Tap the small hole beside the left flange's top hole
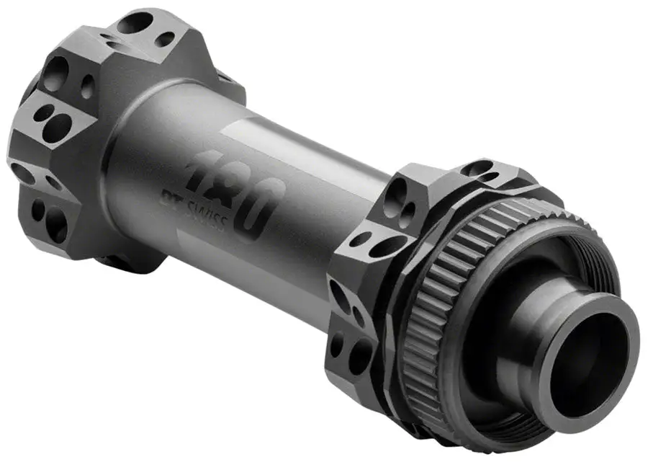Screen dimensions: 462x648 [x=165, y=39]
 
